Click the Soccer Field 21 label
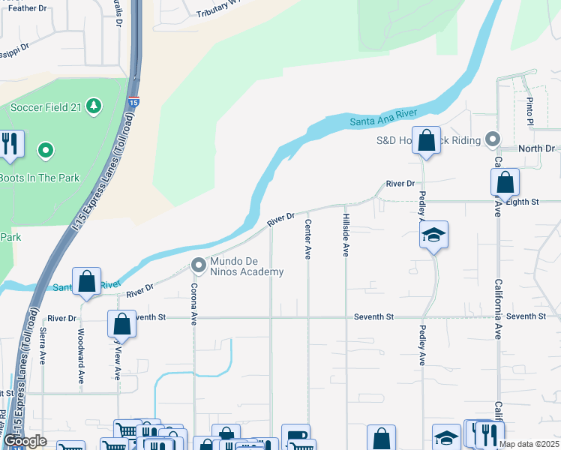(x=45, y=107)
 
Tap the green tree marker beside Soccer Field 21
(x=94, y=106)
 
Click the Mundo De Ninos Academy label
(x=246, y=266)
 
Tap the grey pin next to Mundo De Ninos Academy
(x=199, y=265)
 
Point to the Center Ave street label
(x=307, y=239)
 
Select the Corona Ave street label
(x=193, y=304)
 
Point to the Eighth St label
(x=522, y=202)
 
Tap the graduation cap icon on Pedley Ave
(x=433, y=235)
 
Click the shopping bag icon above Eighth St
(x=505, y=182)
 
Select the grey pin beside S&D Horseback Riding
(x=493, y=139)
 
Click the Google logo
(x=25, y=441)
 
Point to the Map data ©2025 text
(x=528, y=444)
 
